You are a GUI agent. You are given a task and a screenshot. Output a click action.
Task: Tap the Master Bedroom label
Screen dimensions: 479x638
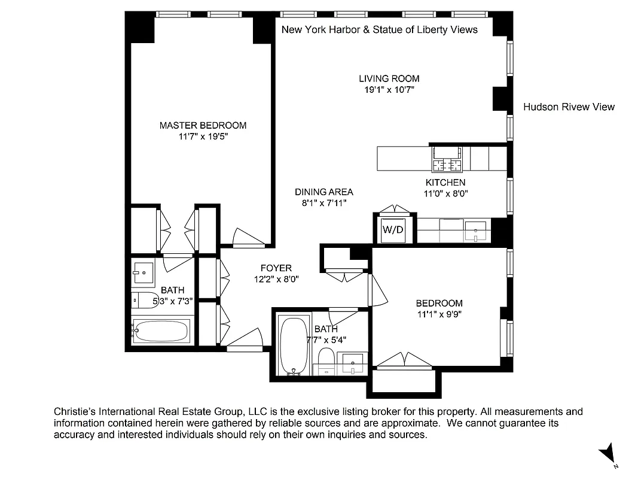(x=203, y=125)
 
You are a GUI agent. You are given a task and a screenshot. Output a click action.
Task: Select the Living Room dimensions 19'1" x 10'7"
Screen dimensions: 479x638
(x=389, y=90)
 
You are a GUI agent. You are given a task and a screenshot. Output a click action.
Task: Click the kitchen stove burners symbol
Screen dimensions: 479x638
(x=448, y=165)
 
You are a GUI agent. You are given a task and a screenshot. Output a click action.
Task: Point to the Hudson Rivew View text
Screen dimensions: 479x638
(x=569, y=107)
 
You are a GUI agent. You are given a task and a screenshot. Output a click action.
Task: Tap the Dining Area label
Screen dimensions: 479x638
(x=323, y=192)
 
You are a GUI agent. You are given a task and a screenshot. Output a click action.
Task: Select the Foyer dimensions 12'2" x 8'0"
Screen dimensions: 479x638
(x=276, y=279)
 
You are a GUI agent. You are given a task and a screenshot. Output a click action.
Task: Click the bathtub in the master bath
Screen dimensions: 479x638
(x=160, y=331)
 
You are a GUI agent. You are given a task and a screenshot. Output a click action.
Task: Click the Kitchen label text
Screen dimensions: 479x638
(x=445, y=183)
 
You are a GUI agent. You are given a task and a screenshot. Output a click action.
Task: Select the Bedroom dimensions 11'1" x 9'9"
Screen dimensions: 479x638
(x=439, y=314)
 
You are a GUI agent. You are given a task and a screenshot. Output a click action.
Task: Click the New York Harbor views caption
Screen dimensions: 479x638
(x=379, y=29)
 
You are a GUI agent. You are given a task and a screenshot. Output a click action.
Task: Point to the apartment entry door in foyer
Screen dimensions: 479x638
(x=246, y=340)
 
